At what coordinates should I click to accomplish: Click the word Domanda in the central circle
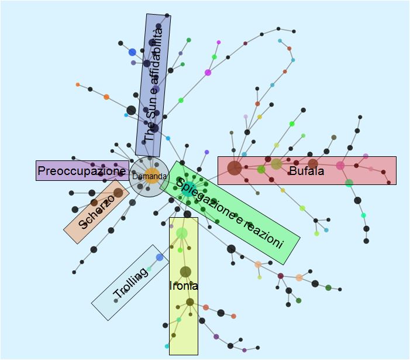[149, 176]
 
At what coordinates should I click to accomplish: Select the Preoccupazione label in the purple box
[81, 171]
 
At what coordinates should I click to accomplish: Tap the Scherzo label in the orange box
[97, 212]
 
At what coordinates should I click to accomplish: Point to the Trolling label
[130, 283]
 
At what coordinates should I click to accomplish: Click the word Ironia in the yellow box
[183, 286]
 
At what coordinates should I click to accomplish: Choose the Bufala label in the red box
[306, 171]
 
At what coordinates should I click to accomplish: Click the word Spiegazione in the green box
[205, 198]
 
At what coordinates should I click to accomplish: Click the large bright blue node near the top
[132, 52]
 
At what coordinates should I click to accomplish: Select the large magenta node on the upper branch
[208, 73]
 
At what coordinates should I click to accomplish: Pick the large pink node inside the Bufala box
[340, 165]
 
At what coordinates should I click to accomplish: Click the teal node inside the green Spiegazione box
[187, 190]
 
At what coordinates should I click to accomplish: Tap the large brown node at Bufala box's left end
[235, 168]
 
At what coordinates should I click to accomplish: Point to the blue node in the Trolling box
[160, 258]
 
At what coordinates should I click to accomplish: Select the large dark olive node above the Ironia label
[185, 272]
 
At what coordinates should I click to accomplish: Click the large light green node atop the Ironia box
[181, 233]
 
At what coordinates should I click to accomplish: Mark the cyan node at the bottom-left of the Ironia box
[167, 346]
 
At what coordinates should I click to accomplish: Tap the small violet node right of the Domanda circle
[207, 152]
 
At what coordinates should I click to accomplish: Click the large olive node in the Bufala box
[276, 164]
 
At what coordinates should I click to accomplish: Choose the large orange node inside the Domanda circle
[151, 176]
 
